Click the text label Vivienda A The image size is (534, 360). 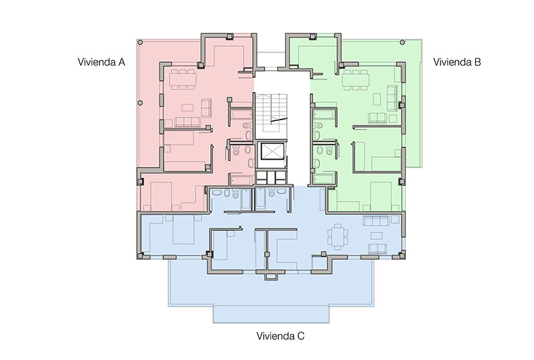click(101, 62)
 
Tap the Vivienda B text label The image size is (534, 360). click(457, 62)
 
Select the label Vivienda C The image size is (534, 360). click(280, 336)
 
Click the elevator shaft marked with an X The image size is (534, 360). click(272, 151)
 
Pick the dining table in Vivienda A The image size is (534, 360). click(183, 79)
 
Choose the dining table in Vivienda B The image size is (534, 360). click(356, 79)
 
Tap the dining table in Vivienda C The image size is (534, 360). click(338, 237)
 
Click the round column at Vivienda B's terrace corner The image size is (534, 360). click(403, 42)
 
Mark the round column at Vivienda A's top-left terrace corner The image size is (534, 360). click(140, 42)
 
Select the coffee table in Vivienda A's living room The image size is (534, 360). click(188, 108)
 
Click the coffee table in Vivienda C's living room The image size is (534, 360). click(376, 236)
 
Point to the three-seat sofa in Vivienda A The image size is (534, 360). click(187, 122)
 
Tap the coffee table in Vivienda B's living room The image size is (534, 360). click(377, 100)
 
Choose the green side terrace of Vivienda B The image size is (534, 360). click(413, 102)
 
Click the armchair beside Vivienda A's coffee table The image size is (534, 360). click(206, 108)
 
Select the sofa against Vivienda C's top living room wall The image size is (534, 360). click(376, 221)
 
